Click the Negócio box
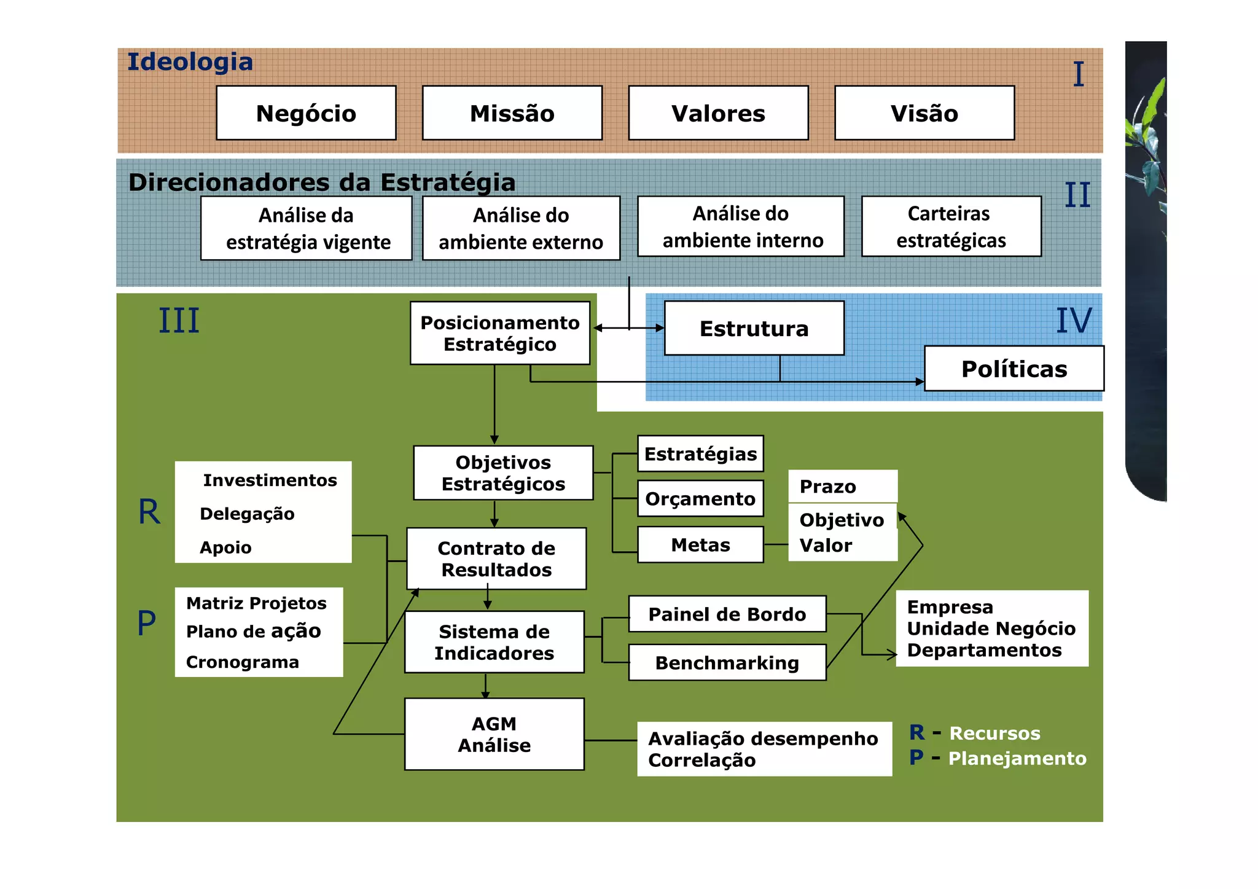(306, 113)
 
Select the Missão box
(512, 113)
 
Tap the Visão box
(924, 113)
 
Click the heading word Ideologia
(190, 62)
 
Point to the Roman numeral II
(1077, 195)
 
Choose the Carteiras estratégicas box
(951, 227)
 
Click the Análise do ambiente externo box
(521, 229)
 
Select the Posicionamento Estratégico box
(500, 333)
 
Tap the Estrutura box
(754, 328)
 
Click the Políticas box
(1014, 369)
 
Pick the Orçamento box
(700, 498)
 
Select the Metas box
(700, 544)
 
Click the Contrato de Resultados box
(496, 558)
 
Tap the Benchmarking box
(727, 662)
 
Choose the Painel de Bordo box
(727, 614)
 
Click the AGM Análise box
(494, 734)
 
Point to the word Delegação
(247, 514)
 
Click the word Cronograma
(243, 662)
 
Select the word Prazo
(827, 487)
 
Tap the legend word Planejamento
(1017, 758)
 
